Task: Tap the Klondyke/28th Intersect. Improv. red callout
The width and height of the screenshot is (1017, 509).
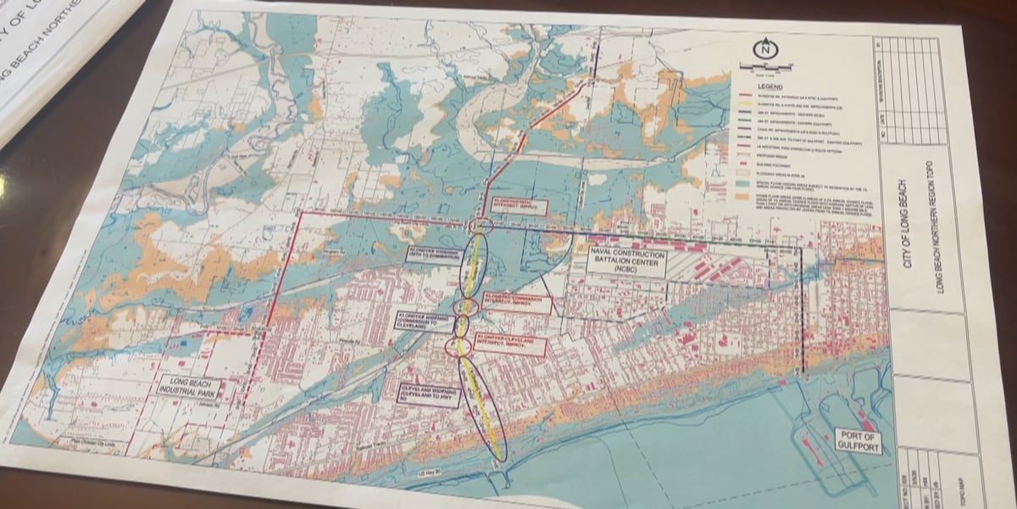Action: (516, 204)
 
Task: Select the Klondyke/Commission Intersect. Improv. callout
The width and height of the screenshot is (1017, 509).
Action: (517, 304)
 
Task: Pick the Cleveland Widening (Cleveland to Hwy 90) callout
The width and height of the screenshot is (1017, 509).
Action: (431, 394)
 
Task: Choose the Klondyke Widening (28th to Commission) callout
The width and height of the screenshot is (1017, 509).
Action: (435, 256)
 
